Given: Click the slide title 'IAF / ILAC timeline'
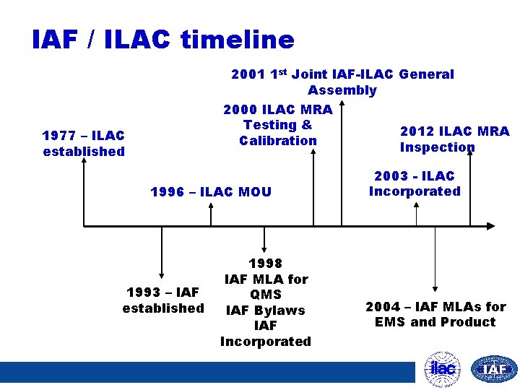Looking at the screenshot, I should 163,39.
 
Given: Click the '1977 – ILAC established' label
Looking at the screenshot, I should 84,143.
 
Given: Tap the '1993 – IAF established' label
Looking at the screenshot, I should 163,300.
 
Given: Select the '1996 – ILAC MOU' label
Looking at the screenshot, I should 211,192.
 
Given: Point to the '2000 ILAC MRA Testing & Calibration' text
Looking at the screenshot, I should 278,125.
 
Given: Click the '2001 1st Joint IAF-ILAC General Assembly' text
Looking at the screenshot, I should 342,82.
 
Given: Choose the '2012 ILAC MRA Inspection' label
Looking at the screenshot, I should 454,139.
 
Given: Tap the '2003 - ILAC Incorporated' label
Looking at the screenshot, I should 415,183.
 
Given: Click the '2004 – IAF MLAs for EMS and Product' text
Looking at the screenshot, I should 435,314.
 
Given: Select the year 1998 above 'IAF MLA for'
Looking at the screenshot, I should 265,264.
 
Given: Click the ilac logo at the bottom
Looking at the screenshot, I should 442,368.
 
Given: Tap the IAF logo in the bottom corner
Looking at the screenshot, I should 494,369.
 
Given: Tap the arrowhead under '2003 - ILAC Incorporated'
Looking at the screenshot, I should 416,205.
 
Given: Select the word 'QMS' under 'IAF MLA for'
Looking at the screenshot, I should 265,295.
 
